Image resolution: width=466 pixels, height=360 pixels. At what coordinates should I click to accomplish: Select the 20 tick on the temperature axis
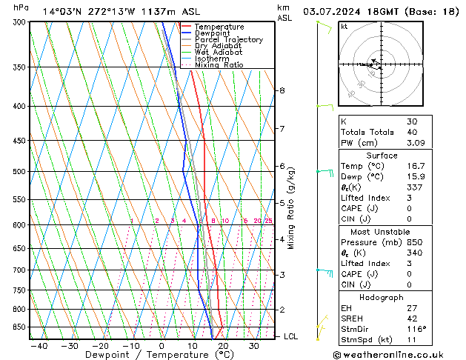(x=223, y=345)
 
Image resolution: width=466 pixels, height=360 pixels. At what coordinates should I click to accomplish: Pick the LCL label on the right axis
(x=291, y=336)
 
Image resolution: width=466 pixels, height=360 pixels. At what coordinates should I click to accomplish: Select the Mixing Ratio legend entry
(x=219, y=65)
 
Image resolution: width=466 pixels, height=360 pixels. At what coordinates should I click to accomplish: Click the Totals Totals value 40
(x=412, y=132)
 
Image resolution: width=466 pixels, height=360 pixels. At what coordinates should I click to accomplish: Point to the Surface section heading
(x=382, y=156)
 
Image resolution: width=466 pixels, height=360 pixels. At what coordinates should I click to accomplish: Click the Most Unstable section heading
(x=382, y=232)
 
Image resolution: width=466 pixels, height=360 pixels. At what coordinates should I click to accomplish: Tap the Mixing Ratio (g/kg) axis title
(x=291, y=208)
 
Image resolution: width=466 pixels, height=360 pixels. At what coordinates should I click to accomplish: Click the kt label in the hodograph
(x=344, y=27)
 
